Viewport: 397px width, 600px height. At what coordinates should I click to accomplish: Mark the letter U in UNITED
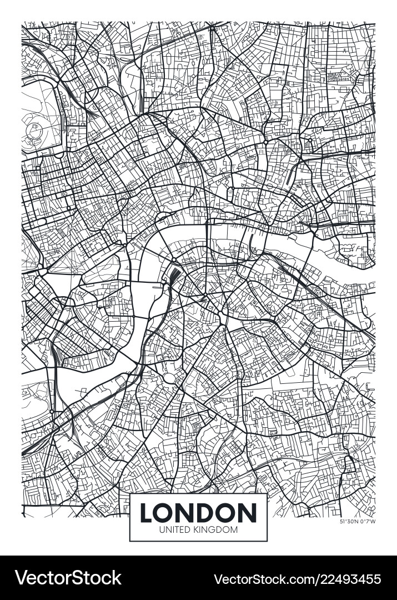(162, 529)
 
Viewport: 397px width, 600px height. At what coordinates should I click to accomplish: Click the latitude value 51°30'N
(349, 521)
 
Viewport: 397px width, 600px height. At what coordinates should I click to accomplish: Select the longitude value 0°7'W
(368, 521)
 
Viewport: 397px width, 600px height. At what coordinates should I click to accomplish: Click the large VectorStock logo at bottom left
(68, 578)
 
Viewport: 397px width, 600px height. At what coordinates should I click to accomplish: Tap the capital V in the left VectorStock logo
(22, 578)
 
